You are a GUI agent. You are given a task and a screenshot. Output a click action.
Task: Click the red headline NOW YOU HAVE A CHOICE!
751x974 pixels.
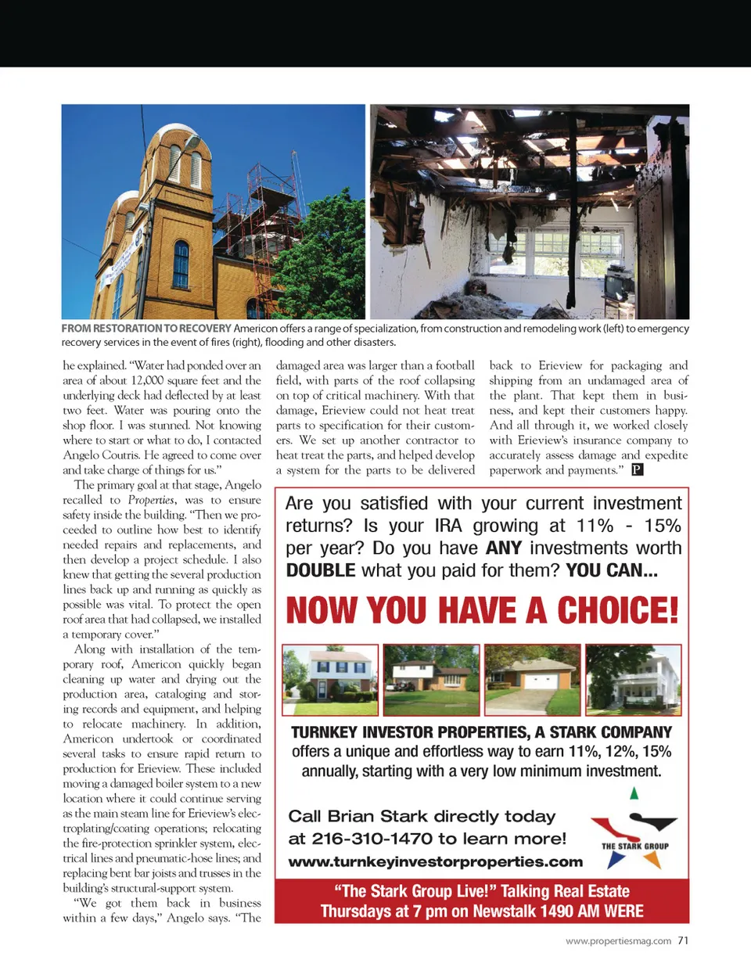pos(482,611)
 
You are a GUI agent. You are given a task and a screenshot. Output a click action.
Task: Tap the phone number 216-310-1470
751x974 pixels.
pos(372,839)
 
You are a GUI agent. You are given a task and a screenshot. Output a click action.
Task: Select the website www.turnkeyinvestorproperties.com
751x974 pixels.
pos(435,861)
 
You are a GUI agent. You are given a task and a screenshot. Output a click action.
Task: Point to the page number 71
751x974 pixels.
pos(683,940)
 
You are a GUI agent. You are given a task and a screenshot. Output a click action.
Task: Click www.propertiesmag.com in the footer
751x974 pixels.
pos(618,941)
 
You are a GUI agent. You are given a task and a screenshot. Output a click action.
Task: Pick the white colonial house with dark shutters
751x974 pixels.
pos(330,679)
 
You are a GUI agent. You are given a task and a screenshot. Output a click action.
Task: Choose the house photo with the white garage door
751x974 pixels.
pos(532,679)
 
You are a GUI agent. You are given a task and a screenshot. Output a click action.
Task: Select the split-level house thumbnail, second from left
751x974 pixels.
pos(431,679)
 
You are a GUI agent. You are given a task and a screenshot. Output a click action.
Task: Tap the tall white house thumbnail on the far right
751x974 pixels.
pos(634,679)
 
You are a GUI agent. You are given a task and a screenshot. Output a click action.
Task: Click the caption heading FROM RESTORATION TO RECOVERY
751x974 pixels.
pos(146,329)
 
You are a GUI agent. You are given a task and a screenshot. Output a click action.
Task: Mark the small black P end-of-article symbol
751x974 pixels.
pos(638,469)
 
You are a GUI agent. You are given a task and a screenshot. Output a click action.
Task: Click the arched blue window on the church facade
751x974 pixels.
pos(181,264)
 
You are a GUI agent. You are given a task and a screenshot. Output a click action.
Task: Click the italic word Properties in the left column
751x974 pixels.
pos(151,500)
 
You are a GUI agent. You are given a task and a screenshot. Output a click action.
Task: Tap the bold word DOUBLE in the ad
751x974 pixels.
pos(321,570)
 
